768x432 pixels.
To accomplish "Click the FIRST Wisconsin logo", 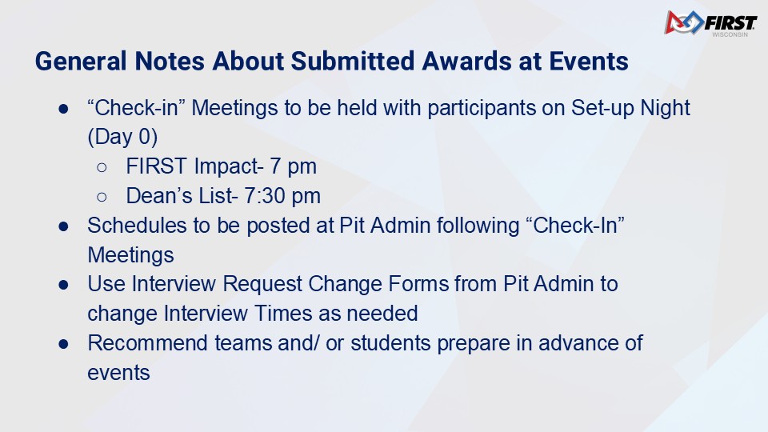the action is point(710,23).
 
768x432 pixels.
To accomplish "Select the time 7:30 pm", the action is point(282,197).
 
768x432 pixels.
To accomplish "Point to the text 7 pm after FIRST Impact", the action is point(293,167).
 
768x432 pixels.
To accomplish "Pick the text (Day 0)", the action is point(122,137).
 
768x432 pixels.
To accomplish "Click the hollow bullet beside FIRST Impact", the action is point(102,168).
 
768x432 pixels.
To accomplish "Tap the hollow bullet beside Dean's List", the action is point(102,198).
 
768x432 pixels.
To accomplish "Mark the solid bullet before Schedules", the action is point(63,226).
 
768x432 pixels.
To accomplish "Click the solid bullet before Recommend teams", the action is point(63,344).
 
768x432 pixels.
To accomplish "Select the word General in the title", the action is point(81,62).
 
